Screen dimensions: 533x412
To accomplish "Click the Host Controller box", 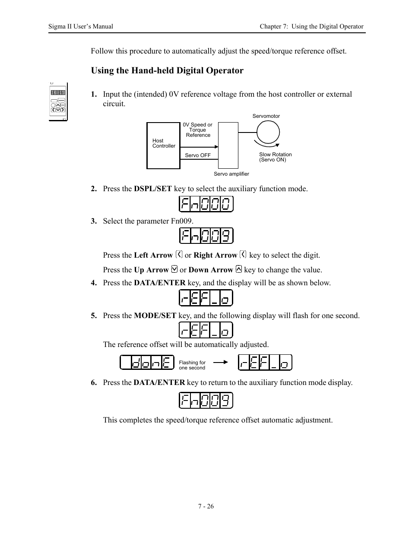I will [x=163, y=145].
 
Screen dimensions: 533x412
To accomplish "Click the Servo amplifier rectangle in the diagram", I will [x=228, y=145].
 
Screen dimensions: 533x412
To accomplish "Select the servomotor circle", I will [x=268, y=132].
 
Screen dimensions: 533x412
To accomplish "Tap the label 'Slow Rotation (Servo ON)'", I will [x=275, y=157].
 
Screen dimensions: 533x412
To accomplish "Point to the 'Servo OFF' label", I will [x=198, y=155].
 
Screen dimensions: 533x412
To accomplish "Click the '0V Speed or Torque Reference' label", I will [x=198, y=130].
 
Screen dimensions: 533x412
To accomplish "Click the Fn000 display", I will [x=206, y=204].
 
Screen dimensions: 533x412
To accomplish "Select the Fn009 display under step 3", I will [x=206, y=236].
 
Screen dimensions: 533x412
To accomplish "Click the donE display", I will [x=147, y=363].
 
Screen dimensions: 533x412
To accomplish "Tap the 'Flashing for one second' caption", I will [x=192, y=365].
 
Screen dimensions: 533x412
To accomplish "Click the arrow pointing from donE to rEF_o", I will [x=220, y=363].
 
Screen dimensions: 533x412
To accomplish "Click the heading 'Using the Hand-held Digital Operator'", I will [x=167, y=71].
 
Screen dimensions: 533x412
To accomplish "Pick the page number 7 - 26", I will [x=206, y=506].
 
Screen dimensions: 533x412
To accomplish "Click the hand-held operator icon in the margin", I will [x=58, y=101].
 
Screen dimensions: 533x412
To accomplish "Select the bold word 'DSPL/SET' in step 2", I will [x=153, y=189].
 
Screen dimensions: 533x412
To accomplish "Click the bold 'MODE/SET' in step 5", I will [x=155, y=315].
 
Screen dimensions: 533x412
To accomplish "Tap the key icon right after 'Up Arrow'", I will [x=174, y=269].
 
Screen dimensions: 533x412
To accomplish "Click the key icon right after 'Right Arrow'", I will [x=243, y=255].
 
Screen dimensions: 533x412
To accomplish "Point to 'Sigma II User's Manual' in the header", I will [x=81, y=26].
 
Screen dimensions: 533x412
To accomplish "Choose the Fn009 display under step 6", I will [x=206, y=401].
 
